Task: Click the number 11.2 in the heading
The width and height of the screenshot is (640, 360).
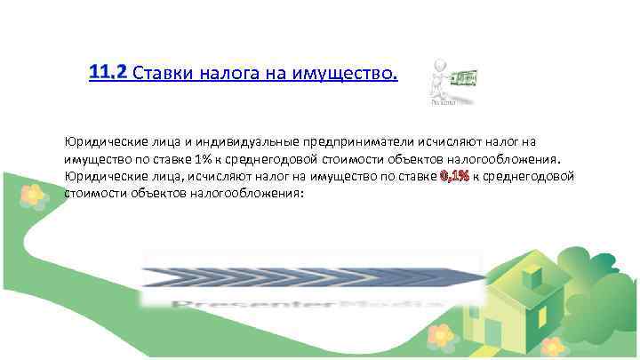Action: point(108,70)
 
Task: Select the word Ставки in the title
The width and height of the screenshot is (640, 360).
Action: point(162,72)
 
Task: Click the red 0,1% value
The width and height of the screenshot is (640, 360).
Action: point(454,176)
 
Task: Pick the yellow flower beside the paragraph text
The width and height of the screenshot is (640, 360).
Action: point(32,194)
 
